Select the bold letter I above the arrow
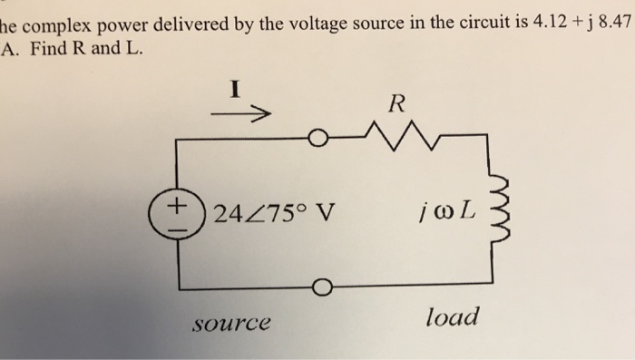pyautogui.click(x=234, y=90)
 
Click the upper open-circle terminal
pyautogui.click(x=316, y=140)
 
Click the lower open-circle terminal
pyautogui.click(x=317, y=289)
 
